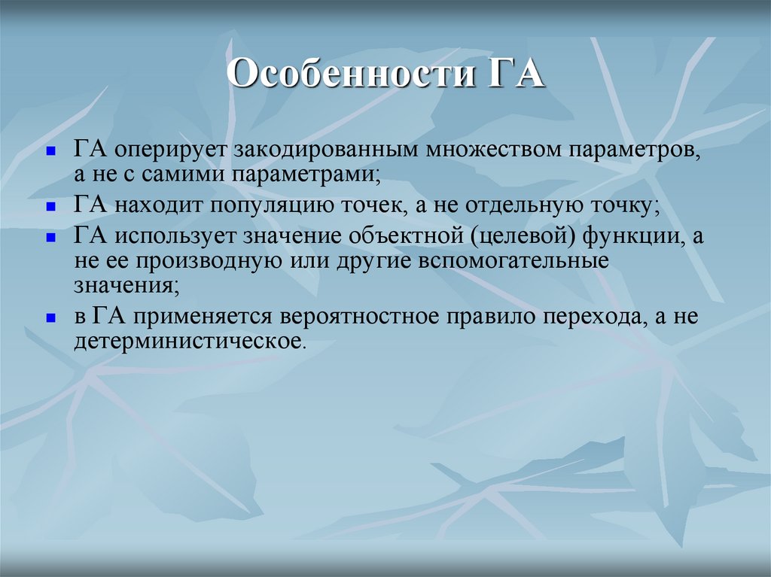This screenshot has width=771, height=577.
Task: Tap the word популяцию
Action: coord(270,205)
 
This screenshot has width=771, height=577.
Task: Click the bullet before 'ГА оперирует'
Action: coord(50,150)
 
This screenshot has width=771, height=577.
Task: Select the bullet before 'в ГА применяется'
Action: coord(50,317)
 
